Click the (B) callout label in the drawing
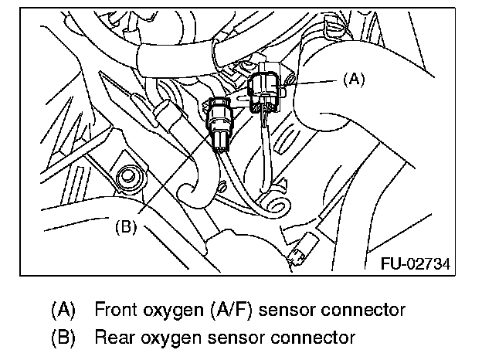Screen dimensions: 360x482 pyautogui.click(x=126, y=227)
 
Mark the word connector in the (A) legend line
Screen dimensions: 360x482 pyautogui.click(x=360, y=311)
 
